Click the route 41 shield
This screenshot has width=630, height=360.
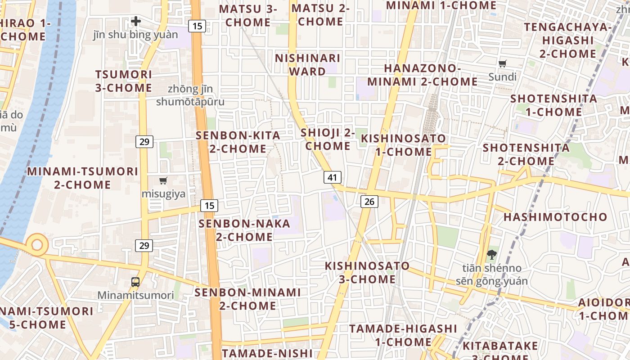click(332, 177)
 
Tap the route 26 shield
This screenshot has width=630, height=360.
click(369, 202)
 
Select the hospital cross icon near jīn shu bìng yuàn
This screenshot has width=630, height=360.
click(136, 21)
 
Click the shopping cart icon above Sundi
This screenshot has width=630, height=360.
click(503, 63)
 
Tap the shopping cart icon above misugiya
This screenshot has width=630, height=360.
click(163, 181)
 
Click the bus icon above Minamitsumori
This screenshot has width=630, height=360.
click(135, 282)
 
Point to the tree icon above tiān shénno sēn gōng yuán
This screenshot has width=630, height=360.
click(491, 255)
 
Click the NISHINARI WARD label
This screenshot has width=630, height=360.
click(307, 65)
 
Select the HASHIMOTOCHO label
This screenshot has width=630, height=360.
click(555, 217)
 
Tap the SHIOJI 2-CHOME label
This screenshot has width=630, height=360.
click(328, 139)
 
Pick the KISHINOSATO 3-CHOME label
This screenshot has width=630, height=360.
click(367, 272)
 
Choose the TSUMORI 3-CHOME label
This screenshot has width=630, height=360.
click(123, 81)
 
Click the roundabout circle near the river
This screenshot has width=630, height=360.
click(36, 245)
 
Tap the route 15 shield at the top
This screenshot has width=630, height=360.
click(197, 26)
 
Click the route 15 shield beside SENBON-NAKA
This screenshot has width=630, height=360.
click(209, 206)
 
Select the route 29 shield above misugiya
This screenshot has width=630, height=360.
click(144, 142)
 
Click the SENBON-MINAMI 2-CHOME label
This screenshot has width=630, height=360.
click(247, 299)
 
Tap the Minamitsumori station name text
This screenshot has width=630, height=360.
click(135, 295)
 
